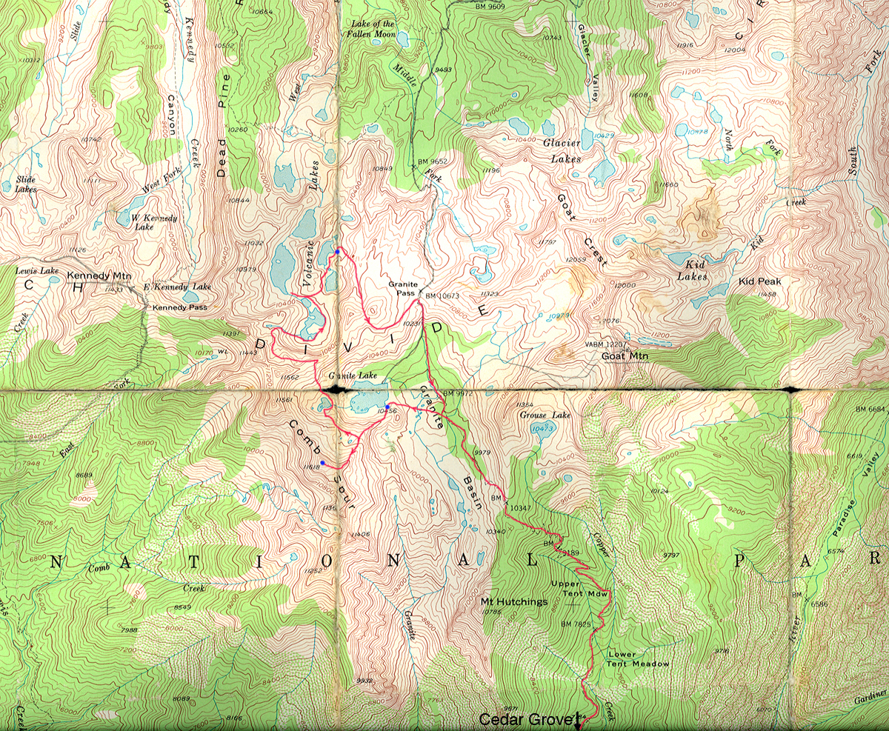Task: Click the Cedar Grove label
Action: click(527, 719)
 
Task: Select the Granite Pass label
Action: click(403, 288)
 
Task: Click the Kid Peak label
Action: click(760, 282)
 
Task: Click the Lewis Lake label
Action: click(37, 271)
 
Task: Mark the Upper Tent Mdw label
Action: click(579, 590)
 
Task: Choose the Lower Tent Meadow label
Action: click(637, 659)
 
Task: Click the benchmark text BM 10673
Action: click(444, 296)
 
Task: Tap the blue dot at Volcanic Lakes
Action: click(338, 253)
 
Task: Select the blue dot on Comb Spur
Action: click(322, 463)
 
